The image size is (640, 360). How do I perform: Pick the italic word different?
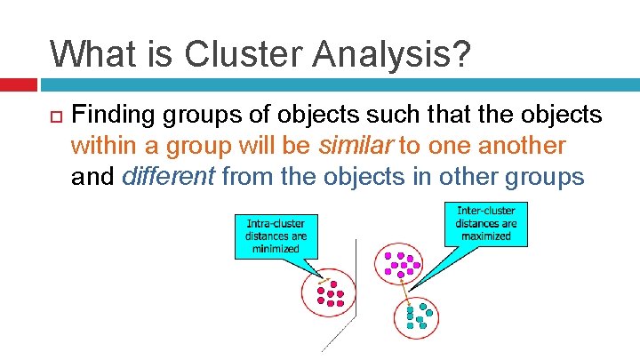(x=169, y=177)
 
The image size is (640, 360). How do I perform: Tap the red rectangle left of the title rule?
(x=18, y=85)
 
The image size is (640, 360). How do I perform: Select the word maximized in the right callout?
(x=485, y=236)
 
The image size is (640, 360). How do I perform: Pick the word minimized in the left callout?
(x=276, y=250)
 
